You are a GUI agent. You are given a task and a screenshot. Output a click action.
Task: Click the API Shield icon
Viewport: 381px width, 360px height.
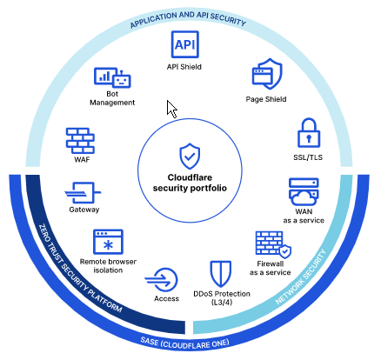coord(185,44)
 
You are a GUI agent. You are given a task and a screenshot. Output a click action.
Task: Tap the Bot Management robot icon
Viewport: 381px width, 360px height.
coord(112,77)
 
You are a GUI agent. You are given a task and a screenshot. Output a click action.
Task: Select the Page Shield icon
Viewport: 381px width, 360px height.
coord(267,74)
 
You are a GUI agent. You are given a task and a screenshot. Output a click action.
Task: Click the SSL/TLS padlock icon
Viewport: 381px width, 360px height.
coord(309,133)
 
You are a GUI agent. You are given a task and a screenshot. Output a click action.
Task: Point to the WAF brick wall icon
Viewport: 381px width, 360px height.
coord(80,141)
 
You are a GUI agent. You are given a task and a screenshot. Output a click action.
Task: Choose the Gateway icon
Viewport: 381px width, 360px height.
coord(83,193)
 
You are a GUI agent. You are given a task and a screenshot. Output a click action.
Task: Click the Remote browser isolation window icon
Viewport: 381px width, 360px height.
coord(108,242)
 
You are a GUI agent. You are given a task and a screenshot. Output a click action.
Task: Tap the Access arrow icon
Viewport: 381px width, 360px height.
coord(162,280)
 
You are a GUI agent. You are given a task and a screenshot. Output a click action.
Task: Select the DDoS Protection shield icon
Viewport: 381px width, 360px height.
coord(221,274)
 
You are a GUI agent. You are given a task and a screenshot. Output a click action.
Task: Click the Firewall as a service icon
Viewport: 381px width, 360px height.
coord(273,244)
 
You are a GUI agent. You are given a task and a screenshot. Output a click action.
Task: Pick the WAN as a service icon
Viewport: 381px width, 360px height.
coord(304,192)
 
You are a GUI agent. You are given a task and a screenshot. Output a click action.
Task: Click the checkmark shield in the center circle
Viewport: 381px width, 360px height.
coord(190,156)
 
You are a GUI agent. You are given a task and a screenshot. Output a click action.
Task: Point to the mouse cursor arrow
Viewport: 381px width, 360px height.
coord(171,109)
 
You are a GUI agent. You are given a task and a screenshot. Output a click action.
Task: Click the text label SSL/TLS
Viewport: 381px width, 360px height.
coord(308,157)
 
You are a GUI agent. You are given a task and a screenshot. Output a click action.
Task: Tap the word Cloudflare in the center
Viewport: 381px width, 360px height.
coord(190,177)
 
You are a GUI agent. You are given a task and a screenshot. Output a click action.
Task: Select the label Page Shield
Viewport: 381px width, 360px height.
coord(266,99)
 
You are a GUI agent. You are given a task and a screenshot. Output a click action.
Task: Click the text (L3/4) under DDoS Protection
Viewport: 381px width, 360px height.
coord(222,303)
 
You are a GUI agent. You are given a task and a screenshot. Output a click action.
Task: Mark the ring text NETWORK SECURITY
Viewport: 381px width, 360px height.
coord(302,277)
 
